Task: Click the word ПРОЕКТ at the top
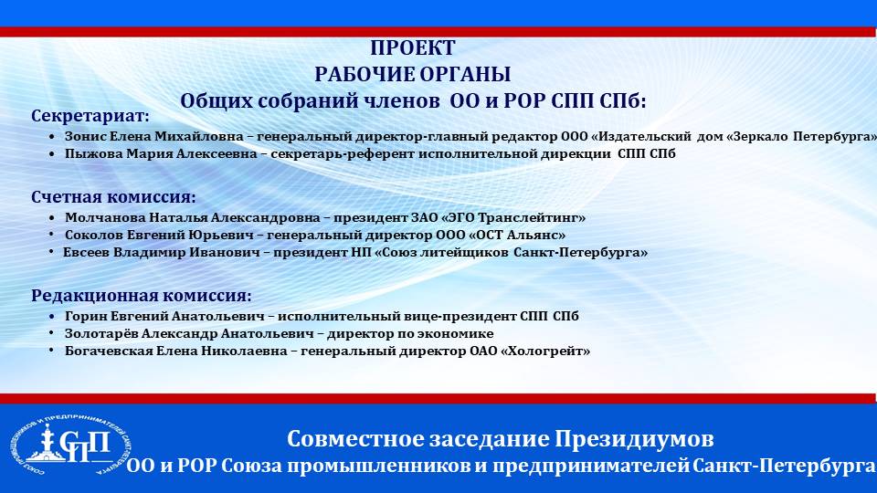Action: click(x=413, y=48)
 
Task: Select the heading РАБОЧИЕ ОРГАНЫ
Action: click(x=413, y=74)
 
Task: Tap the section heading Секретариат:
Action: click(x=90, y=116)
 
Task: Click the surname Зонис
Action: click(x=85, y=136)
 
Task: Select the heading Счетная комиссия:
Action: click(x=113, y=197)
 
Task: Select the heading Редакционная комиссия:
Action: click(x=142, y=296)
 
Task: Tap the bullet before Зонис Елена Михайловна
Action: click(x=52, y=137)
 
